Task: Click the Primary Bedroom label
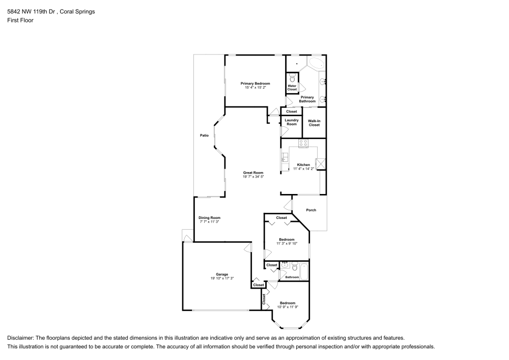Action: click(255, 84)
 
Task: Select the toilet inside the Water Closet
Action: click(292, 78)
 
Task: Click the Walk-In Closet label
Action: click(314, 123)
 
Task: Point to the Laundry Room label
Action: click(291, 122)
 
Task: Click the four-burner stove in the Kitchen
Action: click(303, 144)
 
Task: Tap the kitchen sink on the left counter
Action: click(285, 160)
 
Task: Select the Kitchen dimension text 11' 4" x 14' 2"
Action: click(303, 169)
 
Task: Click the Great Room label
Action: click(252, 173)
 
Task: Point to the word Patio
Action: click(204, 135)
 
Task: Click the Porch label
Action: click(310, 210)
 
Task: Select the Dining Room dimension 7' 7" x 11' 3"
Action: click(209, 221)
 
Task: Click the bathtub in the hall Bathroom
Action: click(304, 271)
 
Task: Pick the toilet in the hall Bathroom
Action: click(294, 265)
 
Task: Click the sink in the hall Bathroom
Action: click(285, 265)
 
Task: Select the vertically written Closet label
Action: click(264, 299)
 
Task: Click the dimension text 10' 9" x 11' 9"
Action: click(287, 307)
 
